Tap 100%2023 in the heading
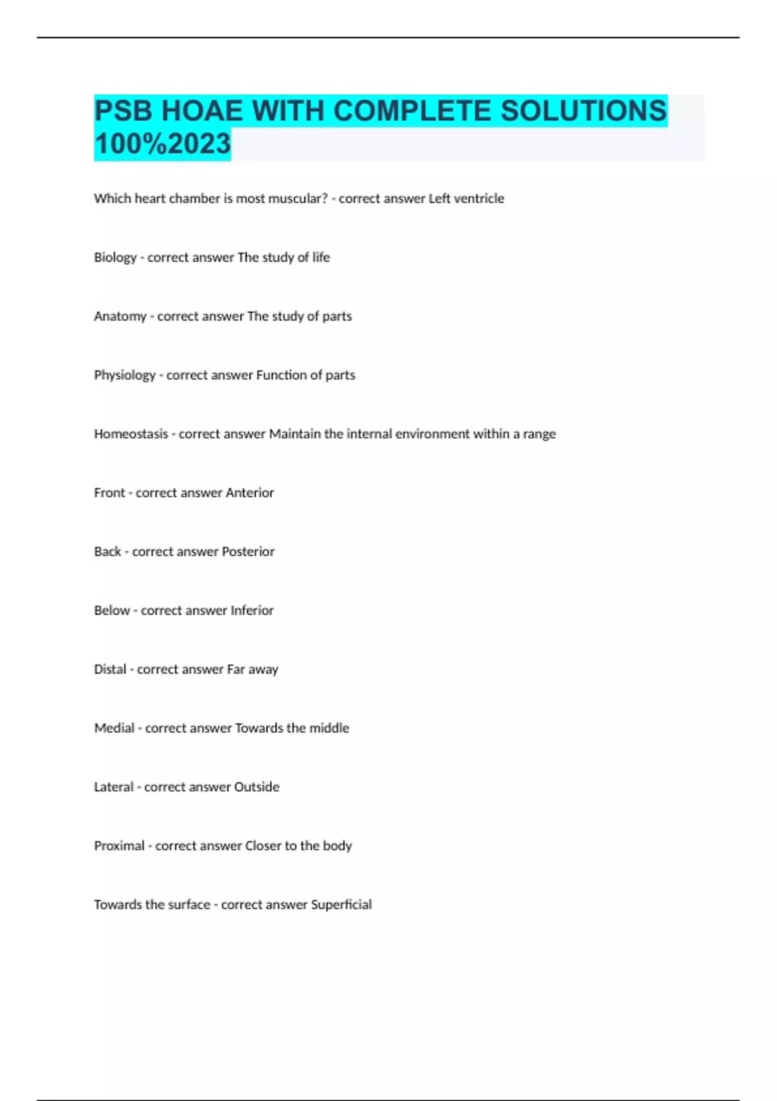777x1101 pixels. click(163, 144)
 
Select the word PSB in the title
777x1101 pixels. click(123, 110)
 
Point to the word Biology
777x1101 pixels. click(115, 258)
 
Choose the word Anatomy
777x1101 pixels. click(120, 317)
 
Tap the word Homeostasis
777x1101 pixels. click(131, 434)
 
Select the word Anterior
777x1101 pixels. click(249, 493)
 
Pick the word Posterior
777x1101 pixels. click(248, 552)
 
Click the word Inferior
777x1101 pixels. click(252, 611)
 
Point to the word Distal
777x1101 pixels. click(110, 669)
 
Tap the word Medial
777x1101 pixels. click(114, 728)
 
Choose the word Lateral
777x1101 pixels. click(113, 787)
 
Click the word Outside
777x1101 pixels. click(256, 787)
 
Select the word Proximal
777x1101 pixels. click(119, 846)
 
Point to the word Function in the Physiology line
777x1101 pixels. click(282, 375)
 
